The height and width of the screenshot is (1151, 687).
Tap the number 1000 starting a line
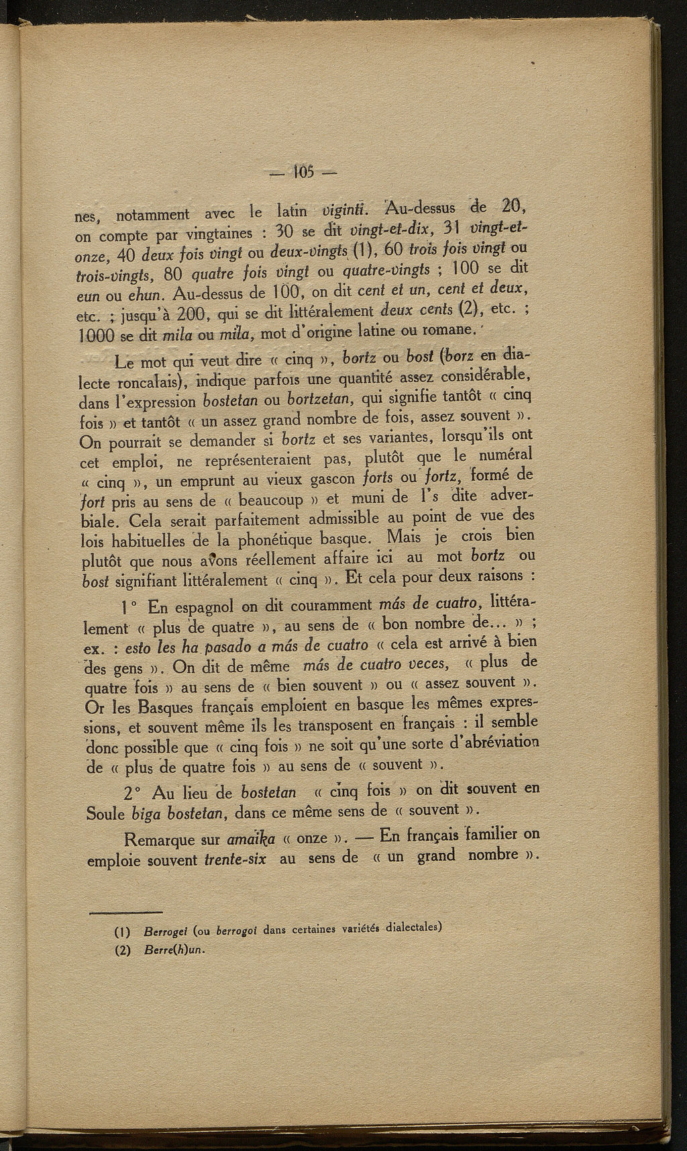coord(92,335)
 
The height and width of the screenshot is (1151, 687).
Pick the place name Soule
coord(105,815)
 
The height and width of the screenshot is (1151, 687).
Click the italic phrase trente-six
coord(234,860)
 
